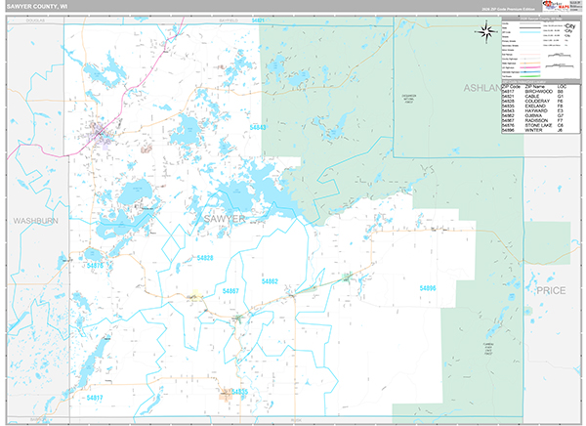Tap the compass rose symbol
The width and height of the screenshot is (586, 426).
point(485,31)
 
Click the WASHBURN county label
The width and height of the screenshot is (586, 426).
point(36,222)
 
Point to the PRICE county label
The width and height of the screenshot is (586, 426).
point(551,290)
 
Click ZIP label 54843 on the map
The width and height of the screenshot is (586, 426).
point(258,127)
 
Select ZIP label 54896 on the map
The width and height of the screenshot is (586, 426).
point(428,288)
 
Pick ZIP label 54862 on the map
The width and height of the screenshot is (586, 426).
point(271,280)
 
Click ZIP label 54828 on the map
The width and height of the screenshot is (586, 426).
point(205,258)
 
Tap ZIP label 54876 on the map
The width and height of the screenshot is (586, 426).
point(94,265)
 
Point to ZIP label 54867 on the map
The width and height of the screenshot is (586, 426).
point(230,291)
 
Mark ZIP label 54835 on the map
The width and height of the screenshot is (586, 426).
point(239,391)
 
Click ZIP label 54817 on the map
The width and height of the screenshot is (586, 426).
point(94,398)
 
